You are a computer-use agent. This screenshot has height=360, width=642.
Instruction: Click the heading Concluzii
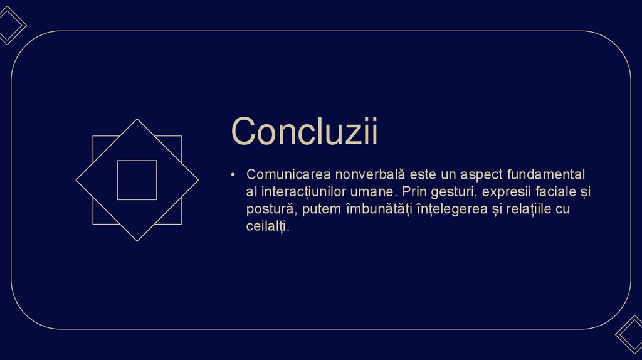304,132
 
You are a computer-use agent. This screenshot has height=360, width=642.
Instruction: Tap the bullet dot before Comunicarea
233,174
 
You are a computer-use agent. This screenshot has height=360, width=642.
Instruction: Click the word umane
376,191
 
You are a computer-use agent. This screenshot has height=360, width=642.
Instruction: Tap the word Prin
414,191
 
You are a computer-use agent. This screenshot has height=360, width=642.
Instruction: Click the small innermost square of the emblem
137,180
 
